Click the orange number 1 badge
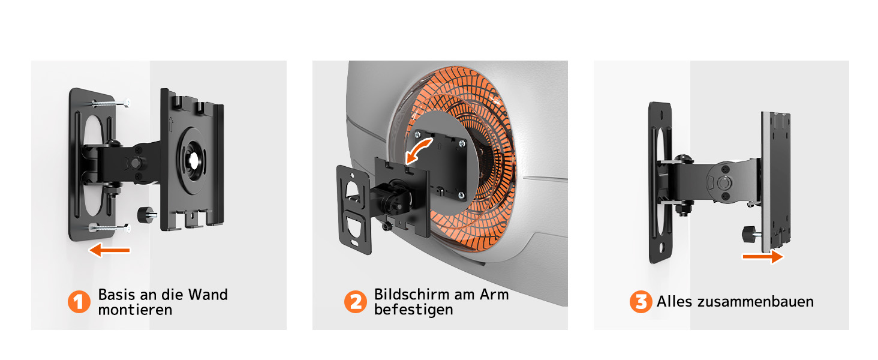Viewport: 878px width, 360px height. [x=79, y=302]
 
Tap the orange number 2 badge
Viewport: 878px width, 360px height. [x=356, y=302]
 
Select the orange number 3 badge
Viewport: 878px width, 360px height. [x=641, y=302]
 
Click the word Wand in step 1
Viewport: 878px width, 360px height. [x=208, y=295]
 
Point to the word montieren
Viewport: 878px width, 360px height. [x=135, y=310]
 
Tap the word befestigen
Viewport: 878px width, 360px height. [x=414, y=310]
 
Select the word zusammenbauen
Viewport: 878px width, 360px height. [x=756, y=302]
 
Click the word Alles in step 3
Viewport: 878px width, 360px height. [x=674, y=302]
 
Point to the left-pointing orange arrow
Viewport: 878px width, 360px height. [x=109, y=250]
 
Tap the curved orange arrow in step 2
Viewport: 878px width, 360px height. [x=419, y=151]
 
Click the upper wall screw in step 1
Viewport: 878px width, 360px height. [x=110, y=103]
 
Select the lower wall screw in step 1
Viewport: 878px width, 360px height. [x=109, y=227]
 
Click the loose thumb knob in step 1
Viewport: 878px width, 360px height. [x=147, y=215]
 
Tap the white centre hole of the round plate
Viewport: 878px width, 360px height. [x=194, y=160]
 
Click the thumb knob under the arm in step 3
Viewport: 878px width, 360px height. [x=751, y=234]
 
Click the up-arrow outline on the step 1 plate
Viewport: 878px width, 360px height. [x=171, y=124]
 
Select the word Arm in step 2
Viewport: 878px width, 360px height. [x=494, y=294]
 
